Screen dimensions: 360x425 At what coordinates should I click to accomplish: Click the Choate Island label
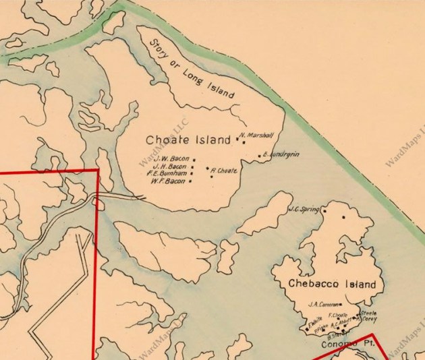pos(182,140)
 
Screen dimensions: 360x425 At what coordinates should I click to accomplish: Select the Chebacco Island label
pos(331,284)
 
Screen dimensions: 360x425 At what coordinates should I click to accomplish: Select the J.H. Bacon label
pos(170,167)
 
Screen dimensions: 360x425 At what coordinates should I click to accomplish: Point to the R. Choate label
pos(224,171)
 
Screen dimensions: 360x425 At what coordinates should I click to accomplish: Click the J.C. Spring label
pos(302,209)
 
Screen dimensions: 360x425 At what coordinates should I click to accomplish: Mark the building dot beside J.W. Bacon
pos(194,160)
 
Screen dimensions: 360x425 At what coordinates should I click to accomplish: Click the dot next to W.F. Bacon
pos(190,181)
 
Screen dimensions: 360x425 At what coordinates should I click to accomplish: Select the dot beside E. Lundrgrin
pos(260,156)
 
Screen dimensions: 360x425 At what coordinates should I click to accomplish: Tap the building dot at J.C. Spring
pos(324,210)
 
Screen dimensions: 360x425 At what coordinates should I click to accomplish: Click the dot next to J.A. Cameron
pos(341,305)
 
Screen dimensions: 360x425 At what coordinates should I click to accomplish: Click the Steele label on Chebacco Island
pos(369,313)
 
